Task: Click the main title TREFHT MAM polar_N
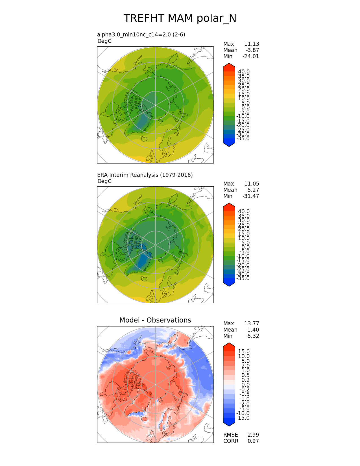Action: (180, 18)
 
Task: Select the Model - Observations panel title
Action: (155, 320)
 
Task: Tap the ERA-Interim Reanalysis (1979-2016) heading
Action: (145, 175)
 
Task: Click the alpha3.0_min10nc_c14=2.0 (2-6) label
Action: (141, 34)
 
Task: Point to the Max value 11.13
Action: (251, 44)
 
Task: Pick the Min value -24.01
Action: (251, 56)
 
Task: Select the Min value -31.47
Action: (251, 196)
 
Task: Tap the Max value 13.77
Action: (251, 323)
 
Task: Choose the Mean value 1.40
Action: (253, 330)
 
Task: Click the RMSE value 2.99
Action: (253, 435)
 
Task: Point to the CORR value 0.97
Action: (253, 441)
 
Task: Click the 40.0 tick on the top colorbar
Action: (244, 71)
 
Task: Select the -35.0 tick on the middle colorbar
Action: (243, 278)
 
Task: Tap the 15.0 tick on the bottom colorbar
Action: (244, 351)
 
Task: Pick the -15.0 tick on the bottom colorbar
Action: (243, 418)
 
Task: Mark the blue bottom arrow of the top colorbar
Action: (229, 144)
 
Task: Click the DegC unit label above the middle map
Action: (104, 181)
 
